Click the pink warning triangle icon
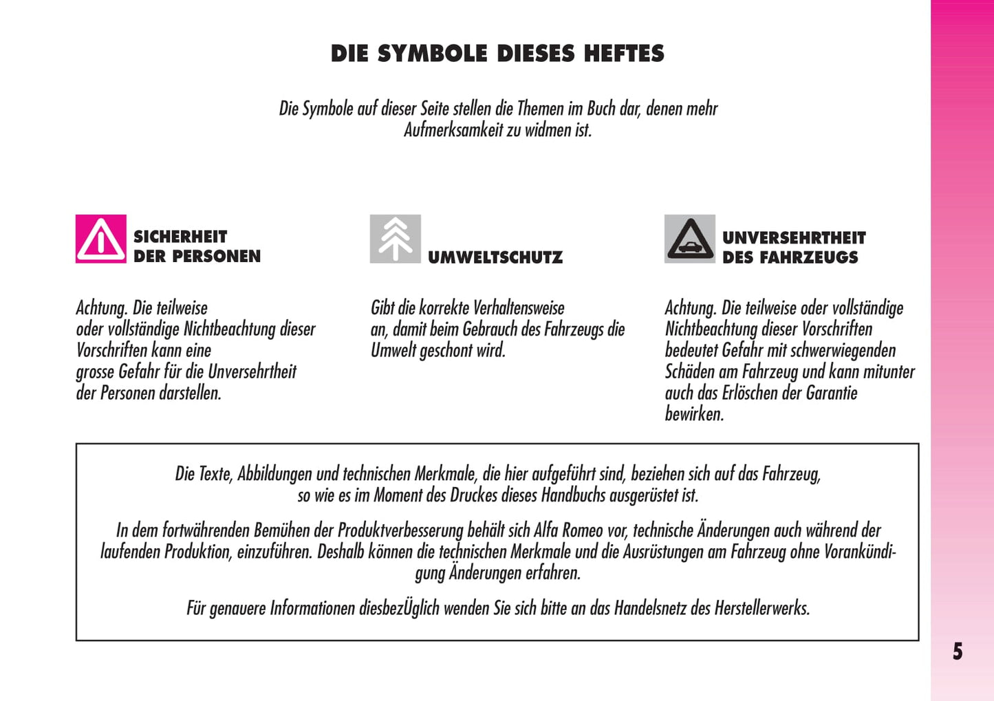pyautogui.click(x=101, y=239)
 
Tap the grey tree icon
pyautogui.click(x=396, y=239)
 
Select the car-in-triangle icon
pyautogui.click(x=690, y=239)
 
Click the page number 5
pyautogui.click(x=958, y=651)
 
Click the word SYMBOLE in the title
pyautogui.click(x=432, y=54)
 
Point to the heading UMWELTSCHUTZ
pyautogui.click(x=495, y=257)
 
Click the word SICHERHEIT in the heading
pyautogui.click(x=180, y=237)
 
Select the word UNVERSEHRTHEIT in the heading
pyautogui.click(x=794, y=238)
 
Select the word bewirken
pyautogui.click(x=694, y=414)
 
